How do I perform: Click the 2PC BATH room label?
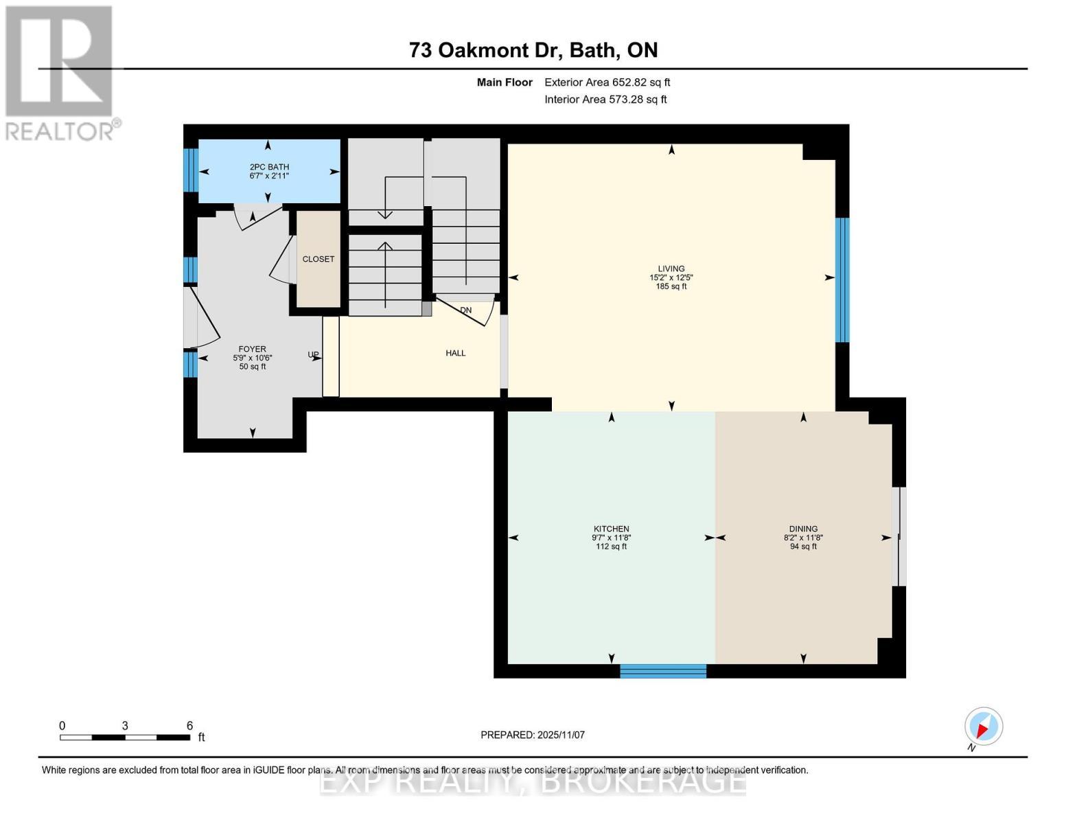[x=269, y=167]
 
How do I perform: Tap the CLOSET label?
[x=318, y=259]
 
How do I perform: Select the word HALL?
[x=456, y=353]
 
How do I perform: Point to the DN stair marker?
[x=466, y=310]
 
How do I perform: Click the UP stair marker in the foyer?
[x=313, y=355]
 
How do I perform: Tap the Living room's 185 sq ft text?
[x=671, y=286]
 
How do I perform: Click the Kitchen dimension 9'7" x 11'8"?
[x=611, y=538]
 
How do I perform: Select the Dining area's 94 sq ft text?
[x=803, y=547]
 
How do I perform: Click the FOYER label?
[x=252, y=349]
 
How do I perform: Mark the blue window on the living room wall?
[x=842, y=279]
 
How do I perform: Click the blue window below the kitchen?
[x=663, y=671]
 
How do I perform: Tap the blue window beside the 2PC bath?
[x=191, y=170]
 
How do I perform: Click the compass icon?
[x=984, y=726]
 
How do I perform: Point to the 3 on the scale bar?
[x=125, y=726]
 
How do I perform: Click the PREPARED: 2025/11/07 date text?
[x=533, y=735]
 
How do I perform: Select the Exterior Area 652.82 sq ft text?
[x=607, y=82]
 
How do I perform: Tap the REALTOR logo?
[x=60, y=72]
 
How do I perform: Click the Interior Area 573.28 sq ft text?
[x=605, y=100]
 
